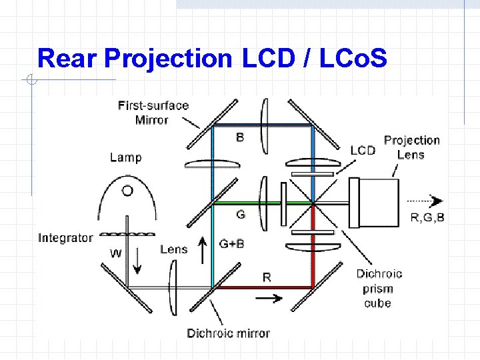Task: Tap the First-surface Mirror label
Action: (153, 113)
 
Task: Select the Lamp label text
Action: (125, 157)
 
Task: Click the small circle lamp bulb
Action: (127, 191)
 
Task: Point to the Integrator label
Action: (65, 238)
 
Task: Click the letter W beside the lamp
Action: (116, 253)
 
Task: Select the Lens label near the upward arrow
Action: (173, 249)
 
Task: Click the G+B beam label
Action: (231, 244)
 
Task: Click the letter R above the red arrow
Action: (267, 277)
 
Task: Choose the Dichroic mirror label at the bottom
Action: (228, 333)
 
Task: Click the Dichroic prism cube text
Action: (379, 288)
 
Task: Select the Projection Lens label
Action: (411, 147)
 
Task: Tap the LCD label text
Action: (363, 150)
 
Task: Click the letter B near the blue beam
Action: (240, 138)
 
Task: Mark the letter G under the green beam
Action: (240, 215)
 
